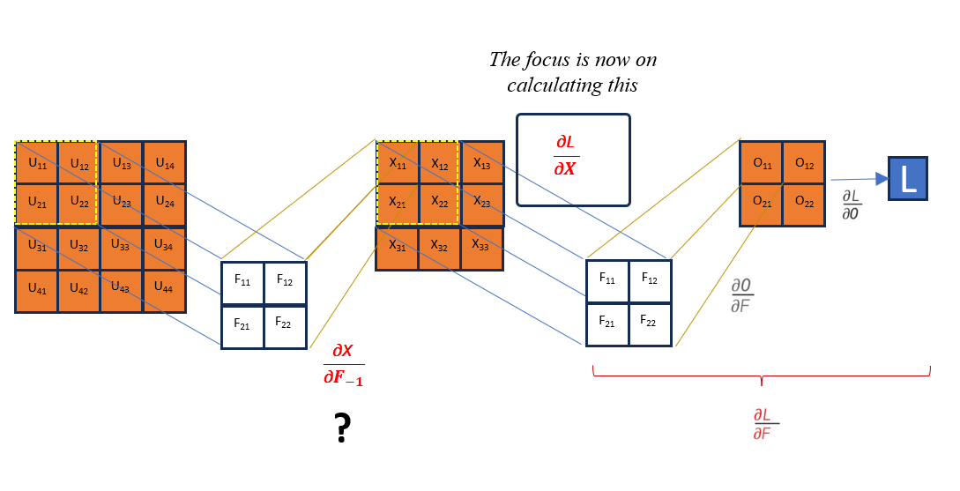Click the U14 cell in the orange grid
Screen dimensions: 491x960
pos(164,162)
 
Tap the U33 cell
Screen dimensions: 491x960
pos(121,248)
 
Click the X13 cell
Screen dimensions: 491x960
pos(482,162)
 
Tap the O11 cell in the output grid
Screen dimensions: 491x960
pos(761,162)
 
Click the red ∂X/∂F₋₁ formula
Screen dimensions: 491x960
pos(343,365)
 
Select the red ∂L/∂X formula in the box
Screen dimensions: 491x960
pos(564,156)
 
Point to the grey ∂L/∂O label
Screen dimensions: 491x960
pos(852,203)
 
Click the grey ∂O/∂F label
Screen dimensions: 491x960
pos(741,296)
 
